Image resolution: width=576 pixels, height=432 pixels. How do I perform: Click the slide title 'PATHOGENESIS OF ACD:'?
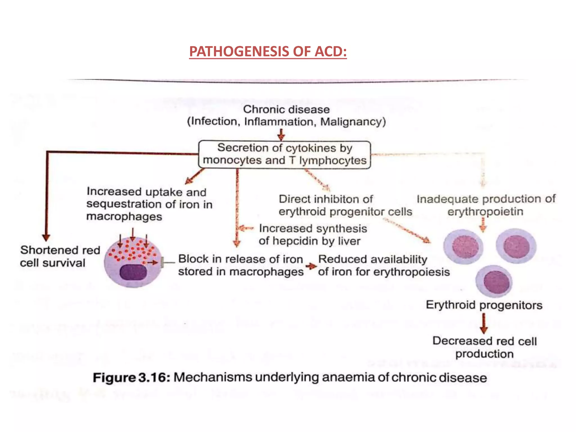268,51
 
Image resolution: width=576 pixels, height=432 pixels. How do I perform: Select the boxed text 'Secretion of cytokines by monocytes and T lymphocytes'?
285,154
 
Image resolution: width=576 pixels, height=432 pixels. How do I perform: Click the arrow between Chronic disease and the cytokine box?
281,135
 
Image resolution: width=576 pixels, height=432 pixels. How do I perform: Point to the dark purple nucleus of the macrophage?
133,272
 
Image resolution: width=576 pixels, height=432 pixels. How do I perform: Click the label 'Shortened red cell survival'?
60,256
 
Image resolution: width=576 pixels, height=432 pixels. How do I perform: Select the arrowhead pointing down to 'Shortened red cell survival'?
46,237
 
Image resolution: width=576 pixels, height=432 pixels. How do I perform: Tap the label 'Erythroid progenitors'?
484,305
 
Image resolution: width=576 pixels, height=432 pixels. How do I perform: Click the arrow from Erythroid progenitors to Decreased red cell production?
484,323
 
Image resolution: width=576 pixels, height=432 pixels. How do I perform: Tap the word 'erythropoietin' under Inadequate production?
485,211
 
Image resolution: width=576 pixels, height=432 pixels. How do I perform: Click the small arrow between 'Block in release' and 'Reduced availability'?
311,266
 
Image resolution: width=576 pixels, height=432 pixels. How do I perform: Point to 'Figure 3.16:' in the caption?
131,377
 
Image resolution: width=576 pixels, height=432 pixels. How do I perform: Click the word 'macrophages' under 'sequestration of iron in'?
124,217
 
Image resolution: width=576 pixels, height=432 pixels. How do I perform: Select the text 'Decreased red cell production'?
484,347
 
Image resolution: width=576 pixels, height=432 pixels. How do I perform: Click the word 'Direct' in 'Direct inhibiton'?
295,199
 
